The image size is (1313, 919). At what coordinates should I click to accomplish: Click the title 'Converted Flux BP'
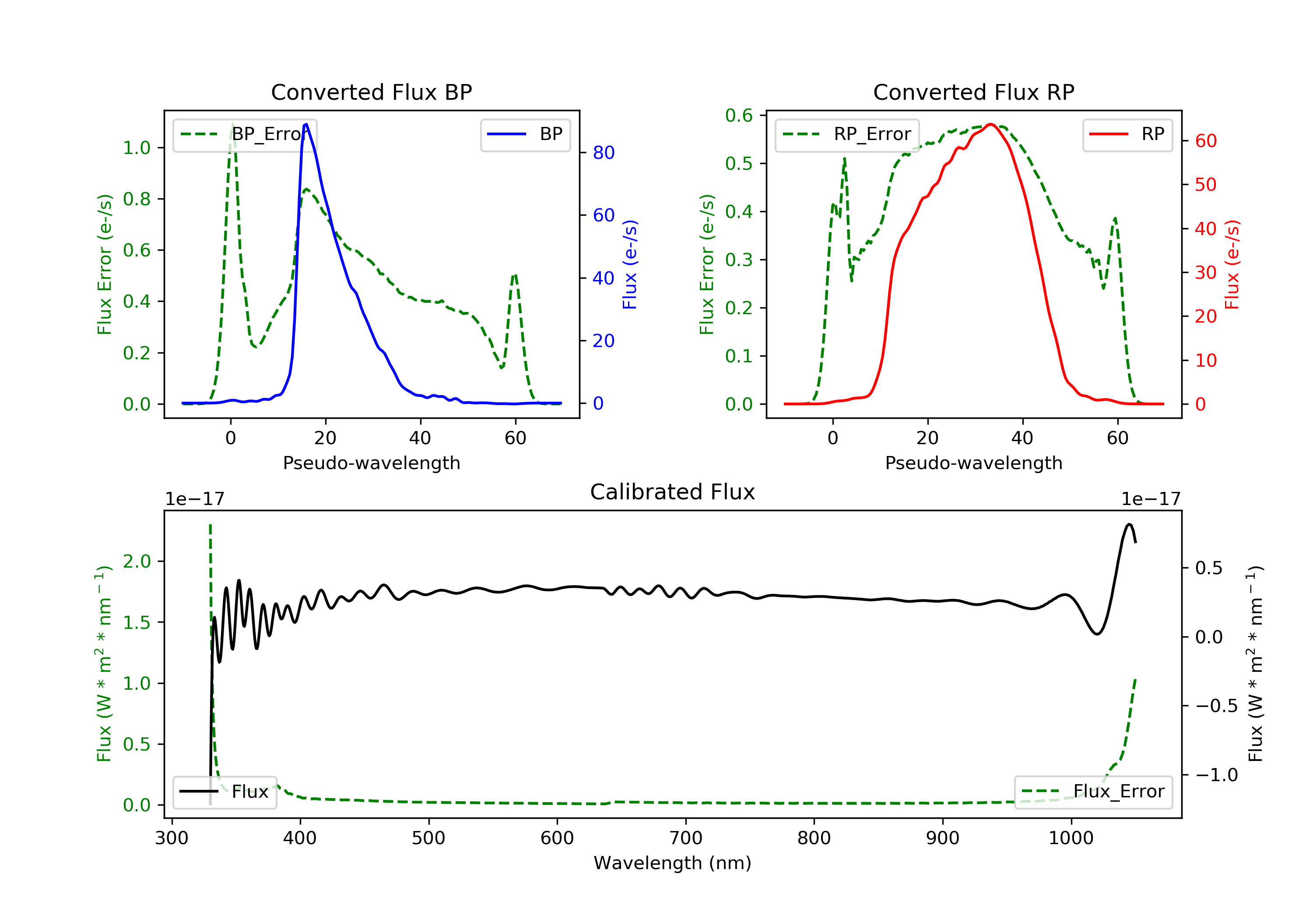pos(371,92)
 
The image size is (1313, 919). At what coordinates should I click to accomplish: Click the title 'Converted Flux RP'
pos(973,92)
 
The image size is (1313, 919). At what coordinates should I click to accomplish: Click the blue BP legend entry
pos(525,134)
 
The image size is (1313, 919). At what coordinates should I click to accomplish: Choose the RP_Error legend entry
pos(847,134)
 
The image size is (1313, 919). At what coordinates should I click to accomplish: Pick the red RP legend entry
pos(1127,134)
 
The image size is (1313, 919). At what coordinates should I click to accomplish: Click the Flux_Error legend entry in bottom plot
pos(1093,792)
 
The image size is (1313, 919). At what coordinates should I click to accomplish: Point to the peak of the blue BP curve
pos(306,124)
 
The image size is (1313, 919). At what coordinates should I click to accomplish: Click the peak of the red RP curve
pos(990,124)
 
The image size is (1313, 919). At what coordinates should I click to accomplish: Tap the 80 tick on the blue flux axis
pos(603,153)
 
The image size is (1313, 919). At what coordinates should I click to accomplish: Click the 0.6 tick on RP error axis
pos(739,116)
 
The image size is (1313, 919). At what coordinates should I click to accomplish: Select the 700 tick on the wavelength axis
pos(686,838)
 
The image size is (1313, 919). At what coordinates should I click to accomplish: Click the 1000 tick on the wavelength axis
pos(1071,838)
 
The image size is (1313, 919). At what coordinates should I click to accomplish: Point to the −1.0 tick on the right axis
pos(1216,775)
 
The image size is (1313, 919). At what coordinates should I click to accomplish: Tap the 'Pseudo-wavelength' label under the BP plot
pos(371,463)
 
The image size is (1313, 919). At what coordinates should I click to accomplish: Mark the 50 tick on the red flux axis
pos(1205,185)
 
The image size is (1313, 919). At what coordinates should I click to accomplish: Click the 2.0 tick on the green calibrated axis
pos(137,561)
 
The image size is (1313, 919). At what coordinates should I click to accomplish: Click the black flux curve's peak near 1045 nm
pos(1129,524)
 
